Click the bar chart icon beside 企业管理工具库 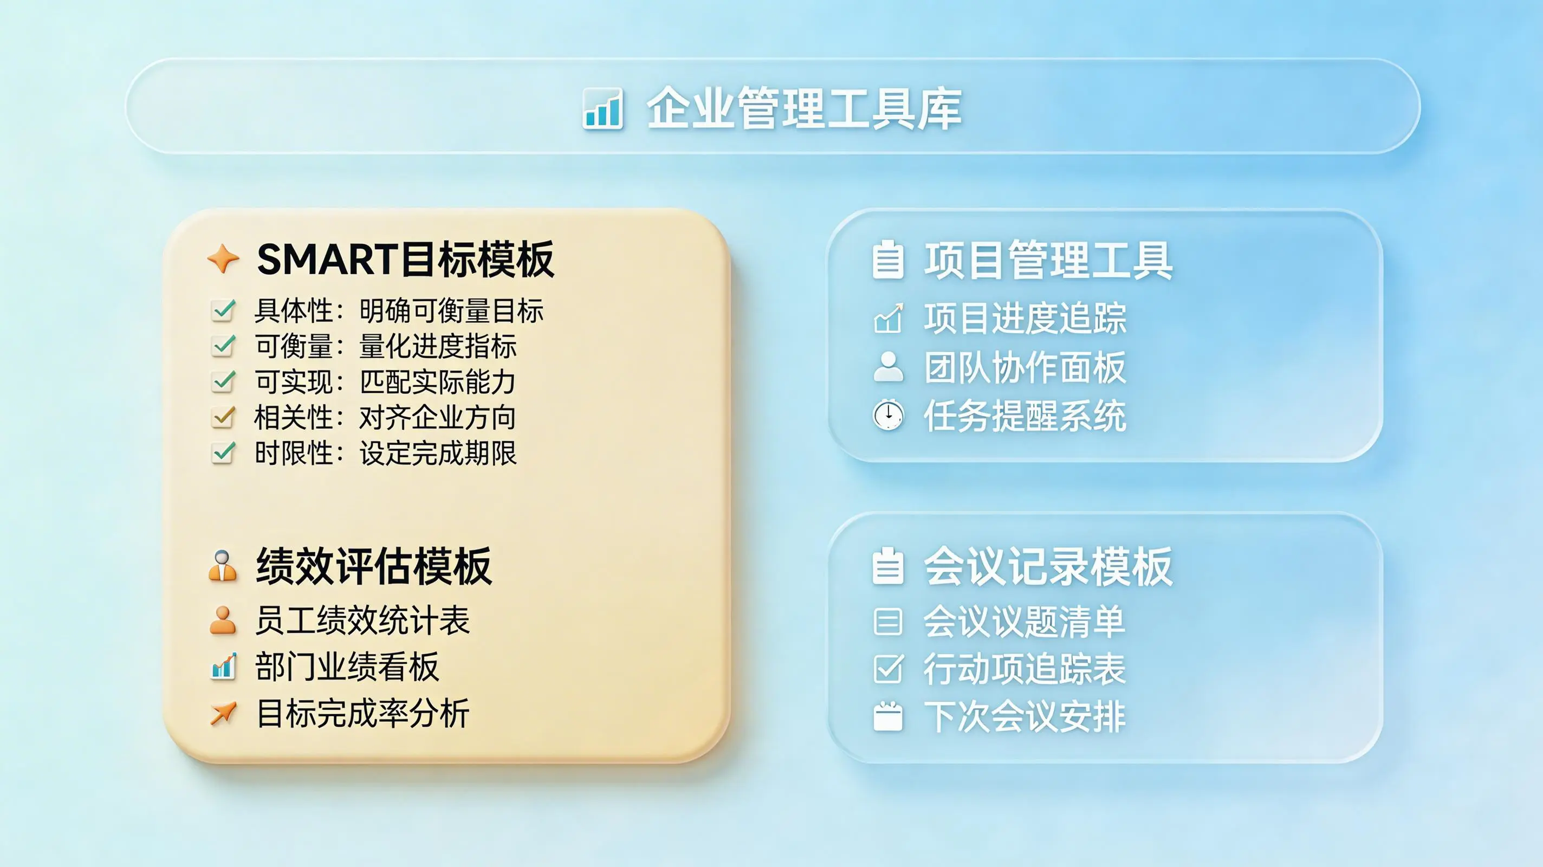pos(602,108)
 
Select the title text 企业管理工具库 pos(805,108)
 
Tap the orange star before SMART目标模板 pos(223,259)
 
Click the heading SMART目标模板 pos(405,260)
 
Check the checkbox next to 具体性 pos(223,310)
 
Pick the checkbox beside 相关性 pos(223,417)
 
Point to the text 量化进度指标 pos(438,346)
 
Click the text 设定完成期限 pos(438,453)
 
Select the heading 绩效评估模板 pos(374,566)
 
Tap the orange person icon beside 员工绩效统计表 pos(223,620)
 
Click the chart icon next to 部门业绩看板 pos(223,667)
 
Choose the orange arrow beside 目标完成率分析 pos(223,713)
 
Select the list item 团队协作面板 pos(1025,367)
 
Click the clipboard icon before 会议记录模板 pos(887,566)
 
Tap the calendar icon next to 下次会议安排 pos(887,716)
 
